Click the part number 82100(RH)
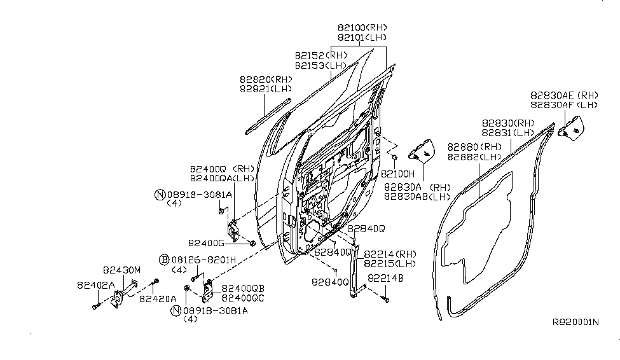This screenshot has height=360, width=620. (362, 27)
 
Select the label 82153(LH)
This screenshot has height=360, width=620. (321, 66)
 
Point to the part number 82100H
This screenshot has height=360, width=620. (398, 173)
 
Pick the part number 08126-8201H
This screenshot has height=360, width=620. (197, 260)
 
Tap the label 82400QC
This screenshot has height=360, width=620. (243, 297)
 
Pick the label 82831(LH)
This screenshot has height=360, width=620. (506, 133)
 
